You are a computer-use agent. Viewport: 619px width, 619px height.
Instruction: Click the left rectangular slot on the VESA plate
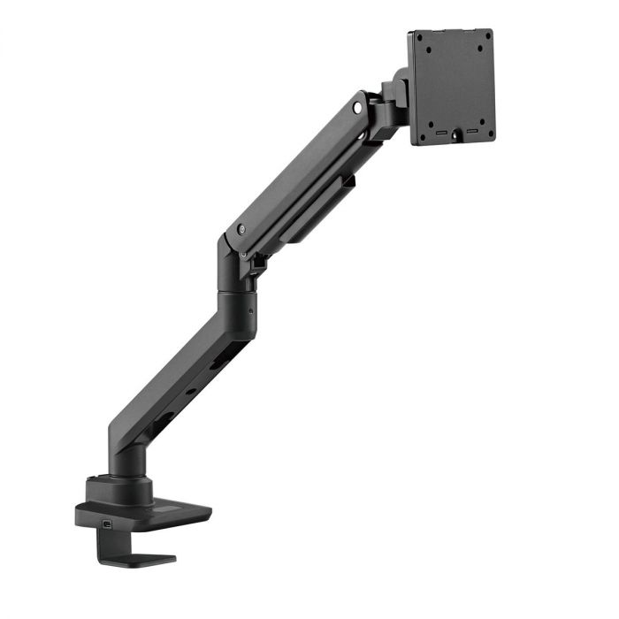(x=436, y=137)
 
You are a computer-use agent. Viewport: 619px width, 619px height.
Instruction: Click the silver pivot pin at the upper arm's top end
(x=357, y=108)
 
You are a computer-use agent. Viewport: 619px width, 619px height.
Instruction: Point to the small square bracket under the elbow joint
(x=259, y=262)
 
